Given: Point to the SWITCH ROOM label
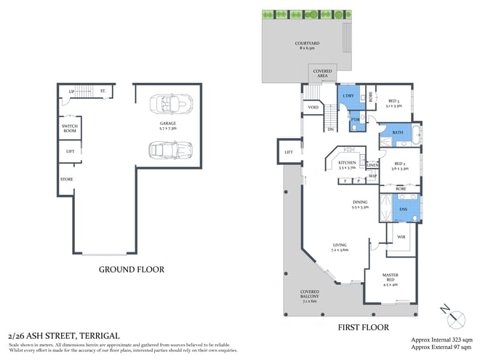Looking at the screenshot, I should (69, 128).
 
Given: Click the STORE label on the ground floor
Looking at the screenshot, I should (66, 179).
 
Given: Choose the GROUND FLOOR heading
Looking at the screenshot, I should (132, 269).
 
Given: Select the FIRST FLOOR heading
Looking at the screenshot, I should (363, 327).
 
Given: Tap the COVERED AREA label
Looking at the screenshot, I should (322, 73).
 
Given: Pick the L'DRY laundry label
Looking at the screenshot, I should (347, 95).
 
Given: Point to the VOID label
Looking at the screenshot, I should (313, 108).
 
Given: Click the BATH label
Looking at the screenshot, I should (397, 132).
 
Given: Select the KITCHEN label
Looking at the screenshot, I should (348, 164).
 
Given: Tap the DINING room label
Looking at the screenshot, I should (360, 204).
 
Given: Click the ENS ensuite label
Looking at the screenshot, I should (402, 209).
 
